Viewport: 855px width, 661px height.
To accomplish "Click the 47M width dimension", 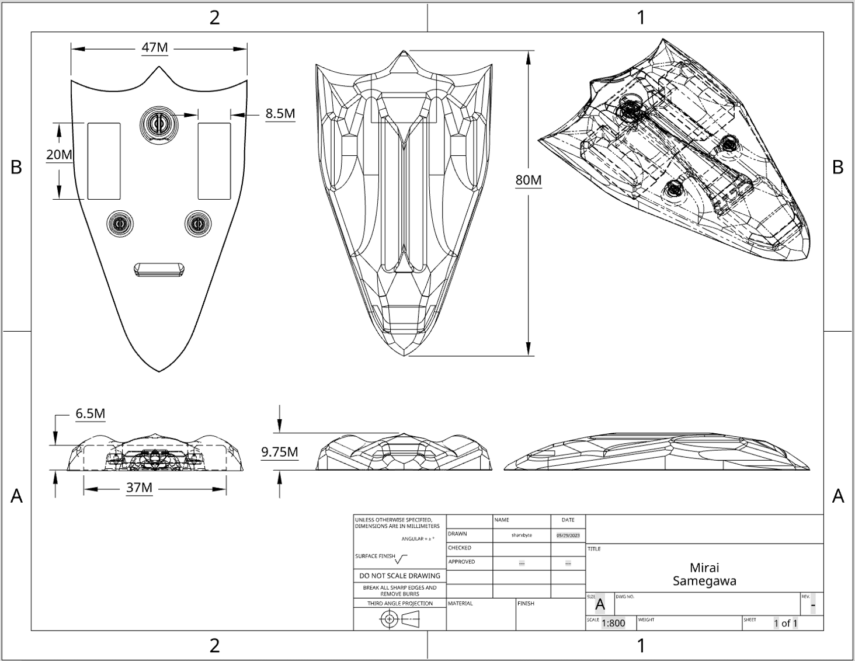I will click(155, 47).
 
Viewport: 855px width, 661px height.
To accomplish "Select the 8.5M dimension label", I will click(280, 113).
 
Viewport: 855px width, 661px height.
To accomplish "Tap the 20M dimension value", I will click(60, 155).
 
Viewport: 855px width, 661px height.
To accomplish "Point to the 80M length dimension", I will click(528, 180).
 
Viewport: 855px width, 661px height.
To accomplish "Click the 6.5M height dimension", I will click(91, 414).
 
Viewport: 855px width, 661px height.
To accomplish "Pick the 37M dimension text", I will click(139, 488).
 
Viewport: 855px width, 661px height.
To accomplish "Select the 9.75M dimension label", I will click(280, 451).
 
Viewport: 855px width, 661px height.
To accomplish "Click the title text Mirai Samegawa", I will click(704, 574).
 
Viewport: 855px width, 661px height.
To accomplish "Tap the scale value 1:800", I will click(613, 623).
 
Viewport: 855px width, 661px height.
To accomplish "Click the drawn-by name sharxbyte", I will click(522, 535).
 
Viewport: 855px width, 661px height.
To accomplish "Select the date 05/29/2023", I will click(568, 535).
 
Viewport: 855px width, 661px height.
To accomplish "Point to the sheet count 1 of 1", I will click(786, 623).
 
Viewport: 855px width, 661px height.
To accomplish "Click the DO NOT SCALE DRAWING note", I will click(399, 576).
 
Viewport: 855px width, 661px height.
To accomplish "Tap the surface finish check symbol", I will click(402, 559).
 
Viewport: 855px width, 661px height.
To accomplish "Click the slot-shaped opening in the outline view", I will click(159, 269).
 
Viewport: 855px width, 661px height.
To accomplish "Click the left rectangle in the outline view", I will click(104, 161).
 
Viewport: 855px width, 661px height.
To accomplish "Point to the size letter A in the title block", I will click(600, 604).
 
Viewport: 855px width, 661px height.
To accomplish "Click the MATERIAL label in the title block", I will click(460, 603).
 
